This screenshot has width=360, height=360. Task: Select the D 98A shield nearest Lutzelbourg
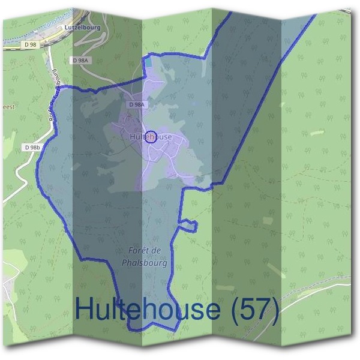click(80, 61)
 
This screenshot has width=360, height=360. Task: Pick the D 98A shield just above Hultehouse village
click(137, 104)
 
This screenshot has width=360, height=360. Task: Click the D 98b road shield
click(32, 147)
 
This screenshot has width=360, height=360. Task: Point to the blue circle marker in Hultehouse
click(151, 137)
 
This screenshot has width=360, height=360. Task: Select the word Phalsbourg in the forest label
click(144, 263)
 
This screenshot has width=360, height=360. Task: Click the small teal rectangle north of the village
click(148, 62)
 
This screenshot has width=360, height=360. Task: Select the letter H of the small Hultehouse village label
click(132, 137)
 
